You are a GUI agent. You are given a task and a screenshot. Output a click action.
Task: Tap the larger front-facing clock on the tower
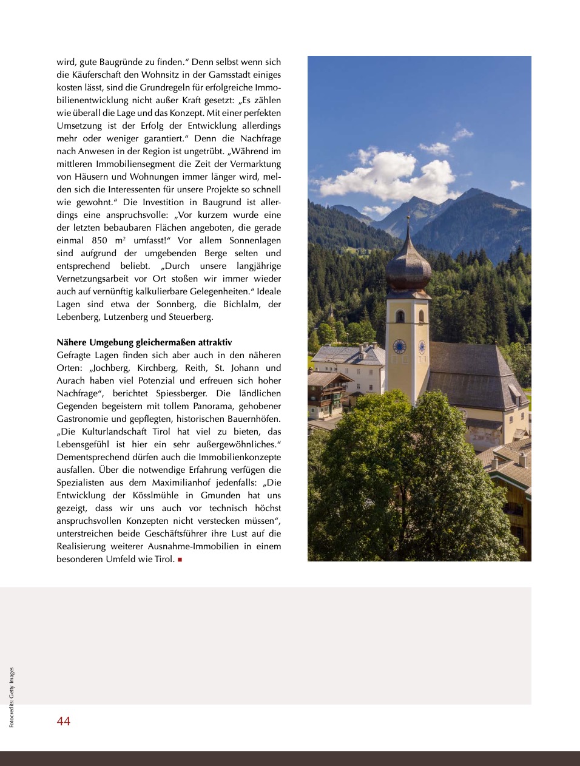(x=399, y=347)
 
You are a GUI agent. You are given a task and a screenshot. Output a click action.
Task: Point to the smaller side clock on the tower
(x=422, y=347)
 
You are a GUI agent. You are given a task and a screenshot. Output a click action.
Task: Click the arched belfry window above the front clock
(x=400, y=316)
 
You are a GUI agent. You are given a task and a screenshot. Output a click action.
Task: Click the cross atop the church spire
(x=408, y=219)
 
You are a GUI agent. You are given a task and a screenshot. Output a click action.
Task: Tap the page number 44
(x=64, y=721)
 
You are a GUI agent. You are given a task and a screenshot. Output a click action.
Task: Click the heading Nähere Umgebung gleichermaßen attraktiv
(x=144, y=342)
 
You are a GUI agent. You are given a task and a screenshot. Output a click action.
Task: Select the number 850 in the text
(x=99, y=240)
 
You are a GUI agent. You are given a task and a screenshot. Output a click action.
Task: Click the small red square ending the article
(x=180, y=560)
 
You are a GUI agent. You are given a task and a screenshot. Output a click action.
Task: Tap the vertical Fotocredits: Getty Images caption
(x=12, y=697)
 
